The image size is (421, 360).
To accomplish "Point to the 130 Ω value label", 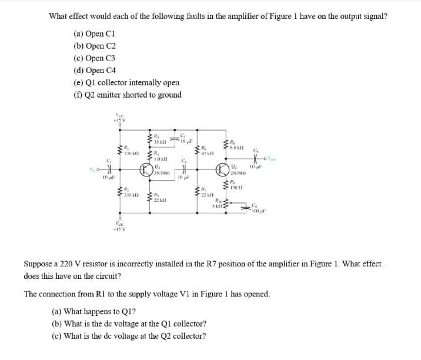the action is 236,189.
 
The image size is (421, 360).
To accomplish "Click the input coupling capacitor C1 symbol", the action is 108,169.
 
